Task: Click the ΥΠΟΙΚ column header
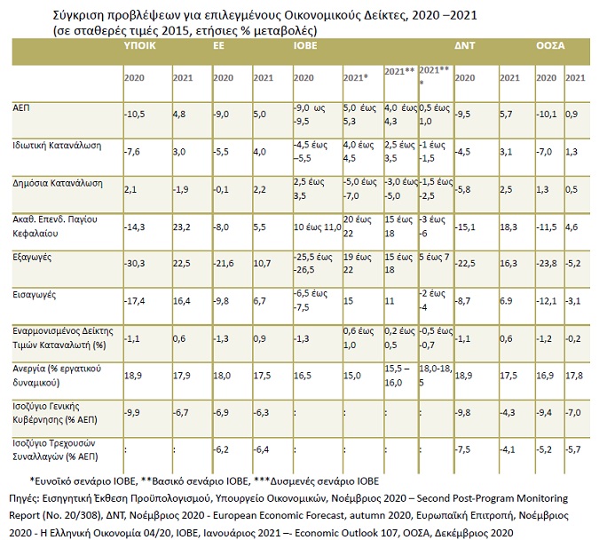(139, 46)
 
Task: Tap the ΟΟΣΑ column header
(550, 46)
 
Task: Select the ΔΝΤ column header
(465, 46)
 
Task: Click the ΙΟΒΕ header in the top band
(305, 46)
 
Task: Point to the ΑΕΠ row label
(21, 108)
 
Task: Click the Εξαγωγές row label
(32, 258)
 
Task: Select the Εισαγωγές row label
(34, 295)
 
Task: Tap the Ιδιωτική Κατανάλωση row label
(57, 146)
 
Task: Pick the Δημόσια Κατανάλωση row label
(58, 183)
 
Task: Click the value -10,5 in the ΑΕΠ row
(135, 115)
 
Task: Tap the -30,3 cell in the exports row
(135, 263)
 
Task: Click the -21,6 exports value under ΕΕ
(224, 263)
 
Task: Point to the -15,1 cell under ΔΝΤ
(465, 227)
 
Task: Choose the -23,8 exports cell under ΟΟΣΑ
(547, 263)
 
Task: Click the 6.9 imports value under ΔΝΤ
(506, 301)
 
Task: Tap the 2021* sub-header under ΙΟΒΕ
(356, 77)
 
